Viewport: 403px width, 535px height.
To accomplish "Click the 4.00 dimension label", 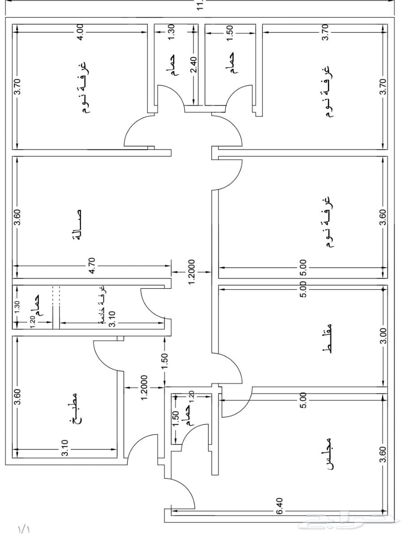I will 81,32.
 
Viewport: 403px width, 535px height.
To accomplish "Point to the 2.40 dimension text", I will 193,65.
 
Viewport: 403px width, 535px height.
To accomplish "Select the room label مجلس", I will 329,453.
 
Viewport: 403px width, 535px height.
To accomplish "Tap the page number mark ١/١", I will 23,529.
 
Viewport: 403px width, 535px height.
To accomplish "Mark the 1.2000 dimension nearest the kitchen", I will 144,387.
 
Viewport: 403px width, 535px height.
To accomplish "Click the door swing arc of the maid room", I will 148,305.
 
